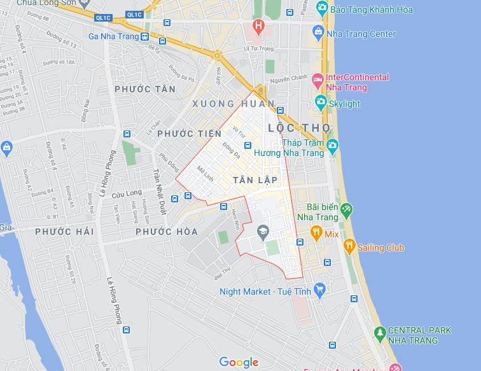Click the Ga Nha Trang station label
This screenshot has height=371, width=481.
click(113, 36)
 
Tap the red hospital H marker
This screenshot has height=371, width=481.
click(258, 26)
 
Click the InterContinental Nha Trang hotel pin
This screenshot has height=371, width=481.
click(318, 82)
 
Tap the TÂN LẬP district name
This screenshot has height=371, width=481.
click(255, 180)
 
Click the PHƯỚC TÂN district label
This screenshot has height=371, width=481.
click(145, 90)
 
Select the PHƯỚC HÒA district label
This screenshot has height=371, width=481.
click(167, 232)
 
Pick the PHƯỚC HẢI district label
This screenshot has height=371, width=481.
click(64, 232)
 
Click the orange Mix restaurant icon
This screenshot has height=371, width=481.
click(316, 234)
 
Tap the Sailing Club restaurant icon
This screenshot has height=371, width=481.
click(349, 247)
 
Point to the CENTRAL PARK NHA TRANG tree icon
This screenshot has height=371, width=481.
click(380, 332)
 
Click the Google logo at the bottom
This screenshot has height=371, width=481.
click(239, 362)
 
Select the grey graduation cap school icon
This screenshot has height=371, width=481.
click(262, 232)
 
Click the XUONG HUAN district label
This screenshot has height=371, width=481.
click(234, 104)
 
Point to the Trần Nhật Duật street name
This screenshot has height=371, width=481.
click(158, 191)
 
